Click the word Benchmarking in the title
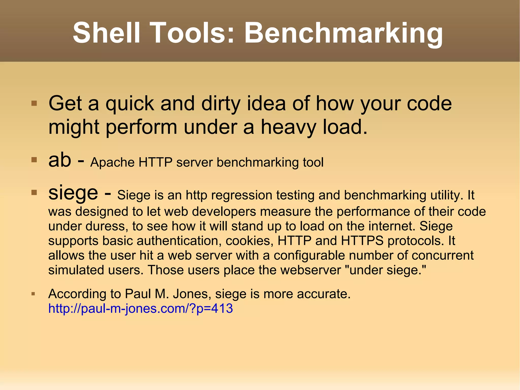(343, 33)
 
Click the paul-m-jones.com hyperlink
(140, 308)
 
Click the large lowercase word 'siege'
(73, 193)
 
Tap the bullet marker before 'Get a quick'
(34, 103)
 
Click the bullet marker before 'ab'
(34, 160)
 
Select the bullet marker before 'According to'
(33, 294)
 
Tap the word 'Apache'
(112, 162)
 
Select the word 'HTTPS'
(362, 241)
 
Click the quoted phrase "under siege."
(386, 270)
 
